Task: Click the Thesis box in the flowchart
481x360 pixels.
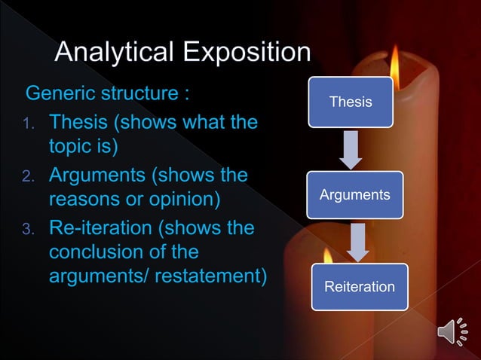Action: (351, 102)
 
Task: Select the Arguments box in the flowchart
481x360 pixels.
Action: (354, 195)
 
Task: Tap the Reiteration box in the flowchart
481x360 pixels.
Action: (359, 287)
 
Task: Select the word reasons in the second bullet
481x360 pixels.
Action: (83, 200)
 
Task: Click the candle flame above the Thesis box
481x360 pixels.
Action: (394, 59)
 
